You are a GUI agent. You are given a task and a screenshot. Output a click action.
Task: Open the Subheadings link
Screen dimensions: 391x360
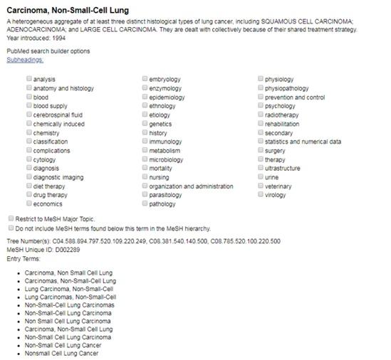point(25,60)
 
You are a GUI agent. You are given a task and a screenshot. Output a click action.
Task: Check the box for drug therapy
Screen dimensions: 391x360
point(28,195)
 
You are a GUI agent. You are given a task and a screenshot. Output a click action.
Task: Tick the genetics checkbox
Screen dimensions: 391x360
point(145,124)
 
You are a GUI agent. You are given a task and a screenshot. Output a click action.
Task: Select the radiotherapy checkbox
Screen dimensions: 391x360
point(260,115)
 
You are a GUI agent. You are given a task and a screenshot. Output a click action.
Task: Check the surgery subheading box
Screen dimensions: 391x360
point(260,150)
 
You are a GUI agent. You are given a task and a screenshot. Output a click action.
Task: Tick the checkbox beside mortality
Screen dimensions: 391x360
point(145,168)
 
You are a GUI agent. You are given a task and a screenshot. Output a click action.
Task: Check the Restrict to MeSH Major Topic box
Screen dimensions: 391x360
point(10,219)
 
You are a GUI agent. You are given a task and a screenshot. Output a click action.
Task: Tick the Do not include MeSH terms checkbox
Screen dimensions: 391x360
point(10,228)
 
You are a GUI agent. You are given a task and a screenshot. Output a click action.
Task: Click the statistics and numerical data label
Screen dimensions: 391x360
point(302,142)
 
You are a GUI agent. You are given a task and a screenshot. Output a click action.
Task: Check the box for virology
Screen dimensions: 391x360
point(260,195)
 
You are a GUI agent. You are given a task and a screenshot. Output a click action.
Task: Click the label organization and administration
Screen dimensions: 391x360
point(191,186)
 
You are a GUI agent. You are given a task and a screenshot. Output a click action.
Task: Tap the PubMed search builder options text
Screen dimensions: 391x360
point(48,51)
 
